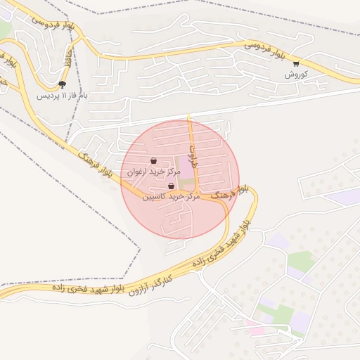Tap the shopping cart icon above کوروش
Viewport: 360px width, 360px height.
(x=296, y=63)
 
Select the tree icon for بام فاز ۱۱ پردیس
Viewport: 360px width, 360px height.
(x=62, y=84)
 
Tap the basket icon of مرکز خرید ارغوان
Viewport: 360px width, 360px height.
(x=153, y=161)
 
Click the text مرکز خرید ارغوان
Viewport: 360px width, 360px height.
(x=150, y=171)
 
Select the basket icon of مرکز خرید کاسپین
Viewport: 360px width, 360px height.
(x=171, y=186)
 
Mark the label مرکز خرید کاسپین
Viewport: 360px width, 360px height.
(x=171, y=197)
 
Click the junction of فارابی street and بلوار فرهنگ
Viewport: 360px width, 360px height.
(x=199, y=192)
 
